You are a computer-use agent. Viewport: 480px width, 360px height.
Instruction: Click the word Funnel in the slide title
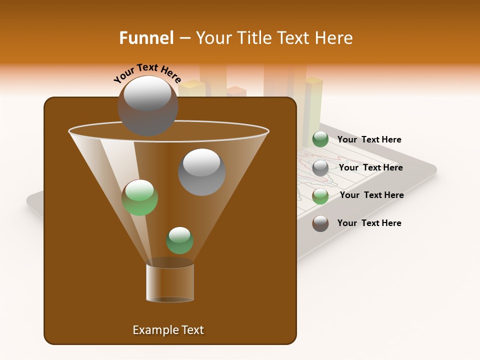coord(146,38)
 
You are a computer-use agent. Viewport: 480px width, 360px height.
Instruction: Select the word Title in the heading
coord(254,38)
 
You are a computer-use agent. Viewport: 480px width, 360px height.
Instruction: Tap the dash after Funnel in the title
coord(184,38)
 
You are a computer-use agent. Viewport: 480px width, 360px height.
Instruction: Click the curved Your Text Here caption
coord(147,73)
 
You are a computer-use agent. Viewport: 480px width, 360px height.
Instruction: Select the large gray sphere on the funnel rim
coord(147,105)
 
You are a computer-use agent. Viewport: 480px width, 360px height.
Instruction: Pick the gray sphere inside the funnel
coord(201,172)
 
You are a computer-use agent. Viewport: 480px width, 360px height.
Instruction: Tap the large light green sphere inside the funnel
coord(139,197)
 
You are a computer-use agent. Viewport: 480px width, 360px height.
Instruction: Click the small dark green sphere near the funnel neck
coord(179,240)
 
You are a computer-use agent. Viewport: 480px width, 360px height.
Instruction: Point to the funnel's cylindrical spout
coord(170,282)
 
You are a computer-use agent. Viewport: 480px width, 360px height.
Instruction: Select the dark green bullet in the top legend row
coord(320,139)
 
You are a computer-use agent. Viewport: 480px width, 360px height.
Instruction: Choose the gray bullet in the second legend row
coord(320,167)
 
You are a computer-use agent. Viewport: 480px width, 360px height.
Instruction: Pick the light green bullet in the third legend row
coord(320,195)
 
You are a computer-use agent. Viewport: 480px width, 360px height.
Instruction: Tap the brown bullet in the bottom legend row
coord(320,223)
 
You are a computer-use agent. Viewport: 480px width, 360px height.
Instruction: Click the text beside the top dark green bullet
coord(369,139)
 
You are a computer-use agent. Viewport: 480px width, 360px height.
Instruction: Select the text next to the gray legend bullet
coord(370,167)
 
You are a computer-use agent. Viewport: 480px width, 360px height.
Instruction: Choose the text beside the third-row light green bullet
coord(371,195)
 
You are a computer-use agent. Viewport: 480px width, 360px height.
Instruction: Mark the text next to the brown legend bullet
coord(369,223)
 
